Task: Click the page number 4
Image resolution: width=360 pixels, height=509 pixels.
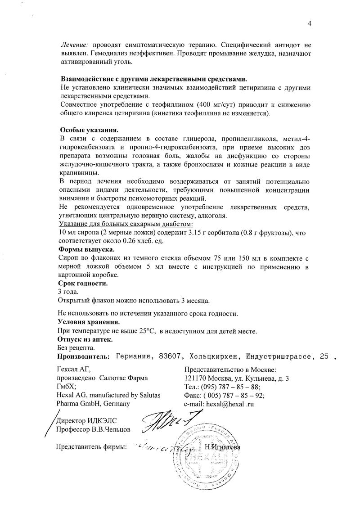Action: click(x=310, y=23)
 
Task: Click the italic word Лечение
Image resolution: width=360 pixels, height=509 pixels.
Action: click(x=75, y=45)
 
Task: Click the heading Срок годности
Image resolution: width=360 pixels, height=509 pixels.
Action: click(x=83, y=284)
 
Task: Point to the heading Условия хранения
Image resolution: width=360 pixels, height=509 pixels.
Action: click(x=89, y=322)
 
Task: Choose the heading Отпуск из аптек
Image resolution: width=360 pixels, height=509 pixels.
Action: click(x=85, y=339)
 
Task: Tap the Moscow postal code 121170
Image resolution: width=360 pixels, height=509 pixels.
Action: click(x=196, y=378)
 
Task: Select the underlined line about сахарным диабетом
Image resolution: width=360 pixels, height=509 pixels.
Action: click(x=126, y=224)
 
